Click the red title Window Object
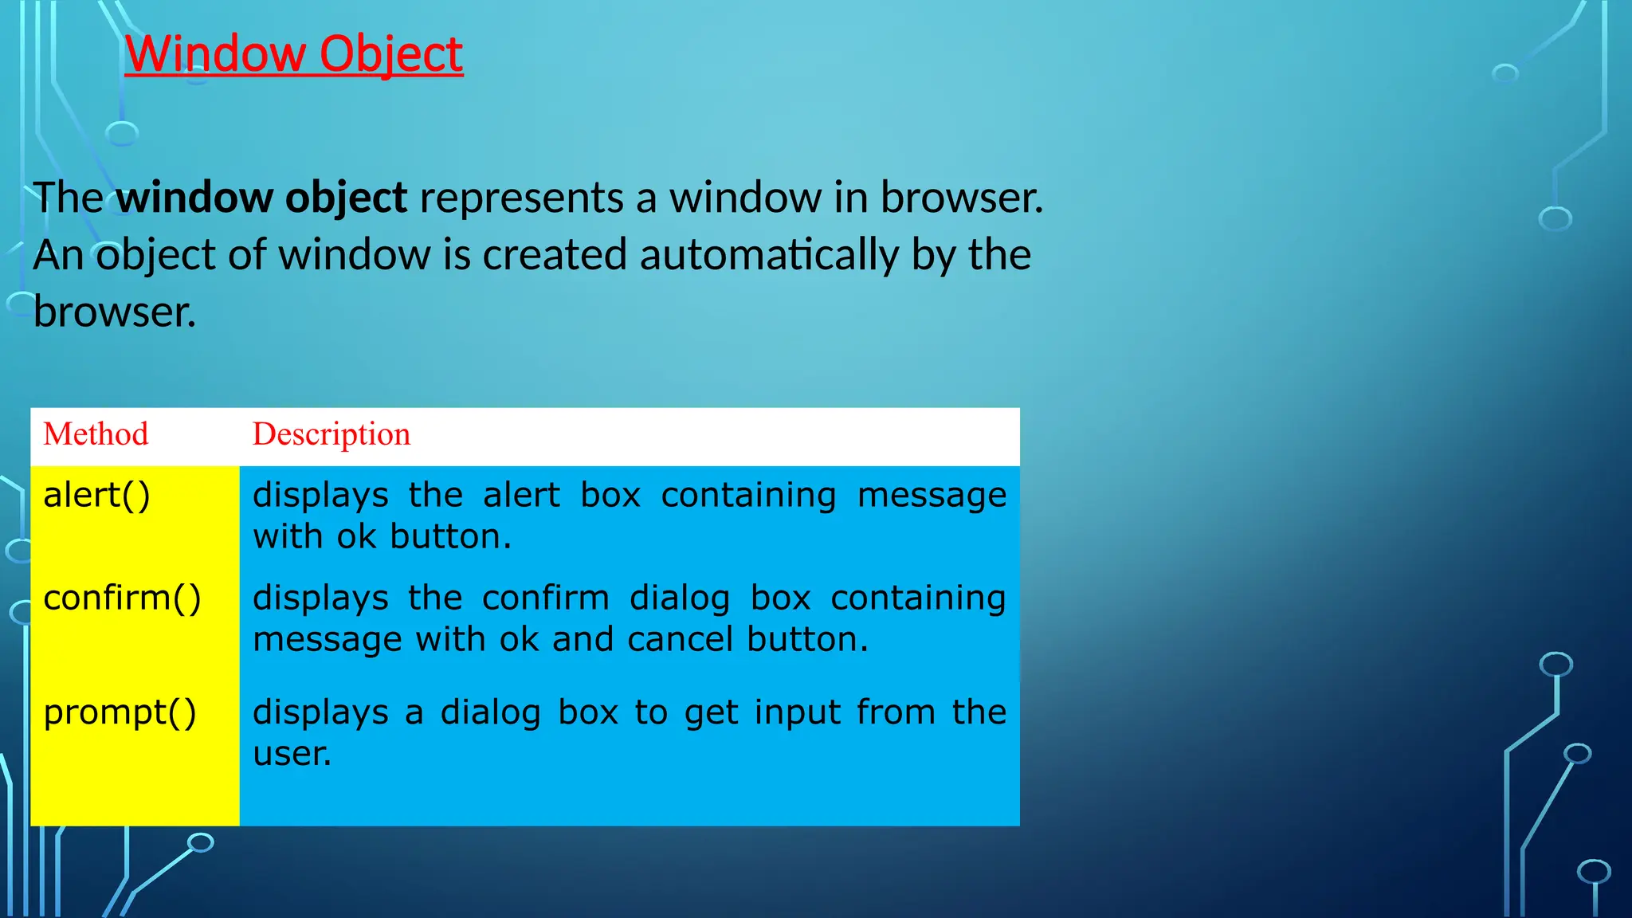pos(293,54)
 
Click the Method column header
pos(96,434)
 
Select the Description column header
pos(331,434)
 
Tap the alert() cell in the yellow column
pos(96,496)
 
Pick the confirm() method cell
pos(122,598)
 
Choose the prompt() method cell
pos(120,712)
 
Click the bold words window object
pos(261,198)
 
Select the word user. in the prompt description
pos(292,754)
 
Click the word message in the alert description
pos(932,496)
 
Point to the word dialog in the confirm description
pos(679,598)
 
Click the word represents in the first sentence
pos(521,198)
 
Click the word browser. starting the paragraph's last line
pos(115,312)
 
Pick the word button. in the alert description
pos(450,537)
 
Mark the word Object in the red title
pos(391,54)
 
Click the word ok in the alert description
pos(355,537)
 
